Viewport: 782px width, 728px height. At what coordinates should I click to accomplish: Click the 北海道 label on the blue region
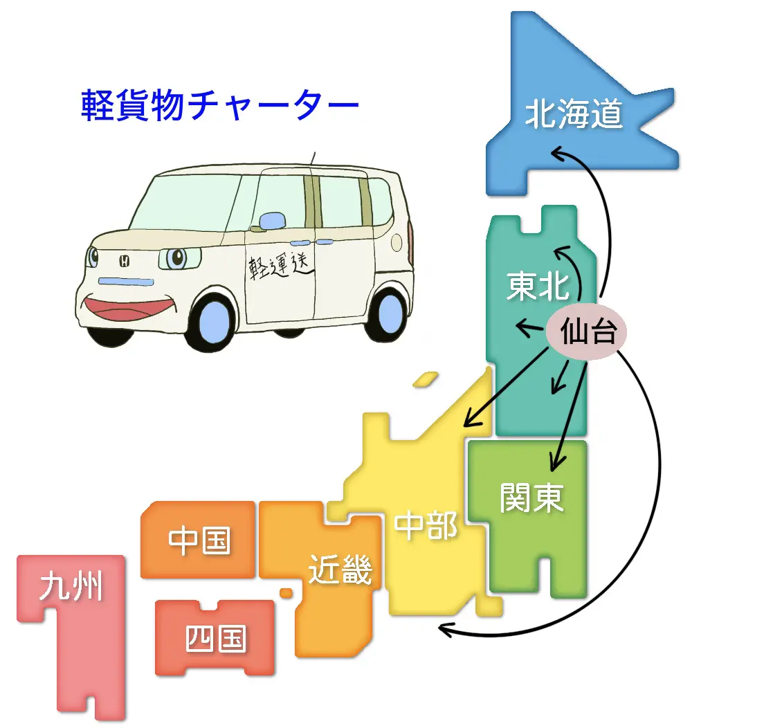574,114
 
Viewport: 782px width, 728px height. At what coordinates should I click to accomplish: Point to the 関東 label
531,497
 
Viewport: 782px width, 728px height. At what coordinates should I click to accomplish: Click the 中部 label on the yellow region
426,526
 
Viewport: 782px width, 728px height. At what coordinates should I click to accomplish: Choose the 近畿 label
340,570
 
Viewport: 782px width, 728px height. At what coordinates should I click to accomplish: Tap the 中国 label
199,540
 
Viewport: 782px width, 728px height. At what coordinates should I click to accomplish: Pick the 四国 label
215,638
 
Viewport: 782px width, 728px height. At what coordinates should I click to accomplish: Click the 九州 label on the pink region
71,587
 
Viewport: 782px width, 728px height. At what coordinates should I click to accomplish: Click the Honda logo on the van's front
125,261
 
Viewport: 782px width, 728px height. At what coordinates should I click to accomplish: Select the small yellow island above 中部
425,379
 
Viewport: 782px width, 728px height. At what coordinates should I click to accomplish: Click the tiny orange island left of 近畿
286,592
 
